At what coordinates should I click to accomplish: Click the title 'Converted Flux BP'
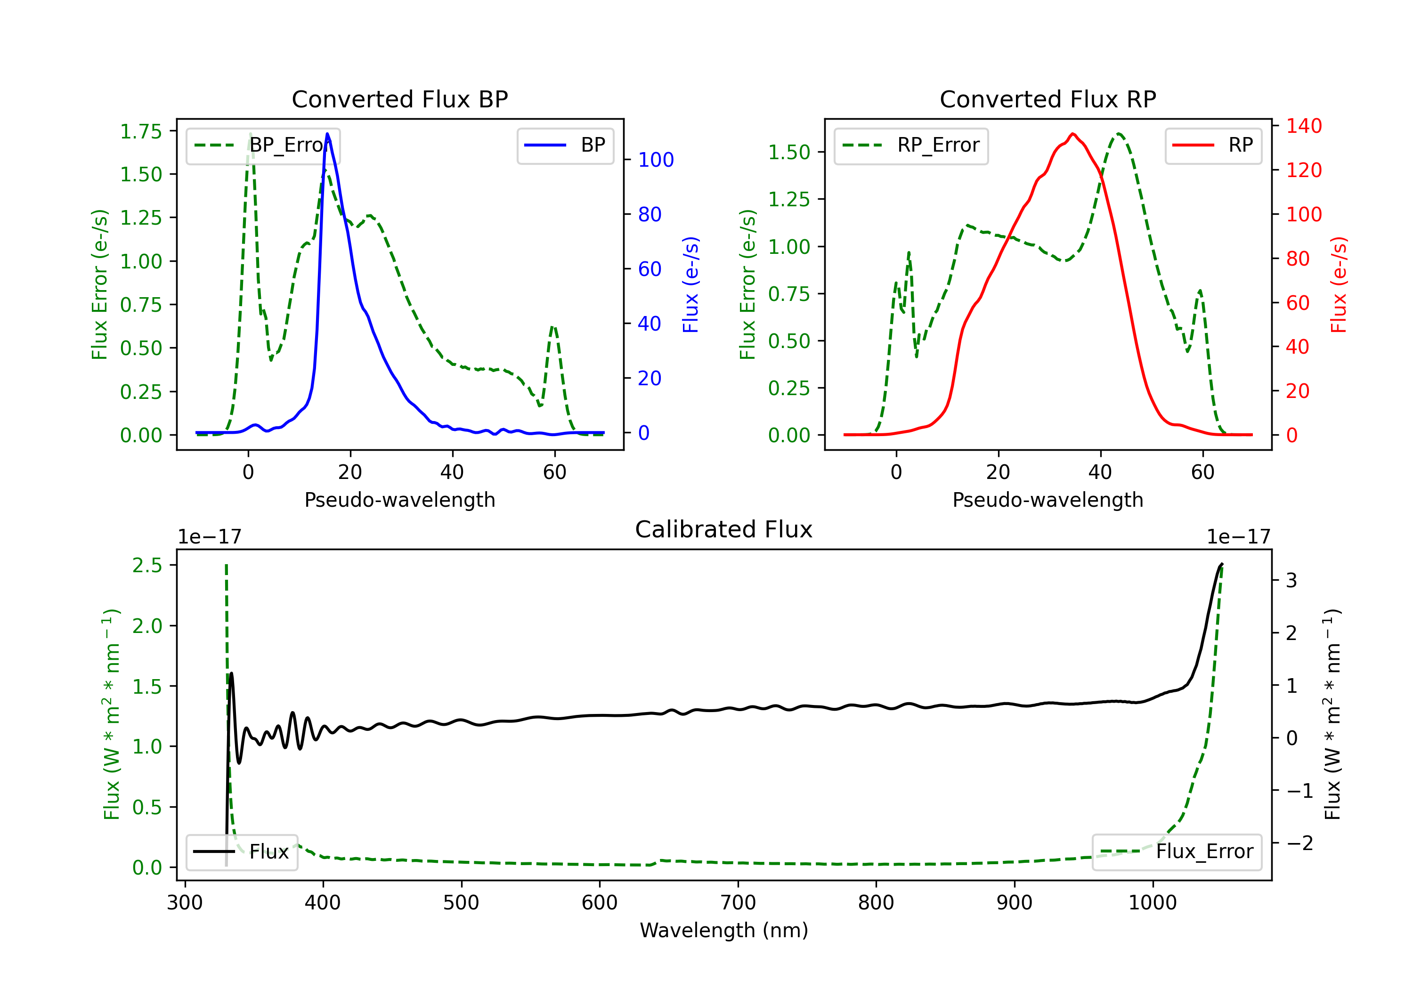pyautogui.click(x=400, y=99)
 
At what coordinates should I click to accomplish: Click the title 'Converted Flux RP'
pyautogui.click(x=1048, y=99)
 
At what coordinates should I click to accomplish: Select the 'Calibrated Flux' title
pyautogui.click(x=724, y=529)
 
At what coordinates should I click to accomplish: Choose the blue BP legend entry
pyautogui.click(x=566, y=145)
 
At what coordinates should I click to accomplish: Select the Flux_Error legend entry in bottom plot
pyautogui.click(x=1177, y=852)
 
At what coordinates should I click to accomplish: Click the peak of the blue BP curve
pyautogui.click(x=327, y=134)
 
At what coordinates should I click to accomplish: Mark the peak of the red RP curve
pyautogui.click(x=1072, y=134)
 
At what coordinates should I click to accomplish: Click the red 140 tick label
pyautogui.click(x=1304, y=126)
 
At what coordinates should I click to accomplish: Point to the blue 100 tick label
pyautogui.click(x=656, y=160)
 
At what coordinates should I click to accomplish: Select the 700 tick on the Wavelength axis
pyautogui.click(x=738, y=902)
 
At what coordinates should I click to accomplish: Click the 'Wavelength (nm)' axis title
pyautogui.click(x=724, y=930)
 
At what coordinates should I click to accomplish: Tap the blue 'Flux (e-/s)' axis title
pyautogui.click(x=690, y=284)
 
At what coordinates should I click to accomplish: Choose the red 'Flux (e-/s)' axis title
pyautogui.click(x=1339, y=284)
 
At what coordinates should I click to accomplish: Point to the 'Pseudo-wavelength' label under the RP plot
pyautogui.click(x=1048, y=500)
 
